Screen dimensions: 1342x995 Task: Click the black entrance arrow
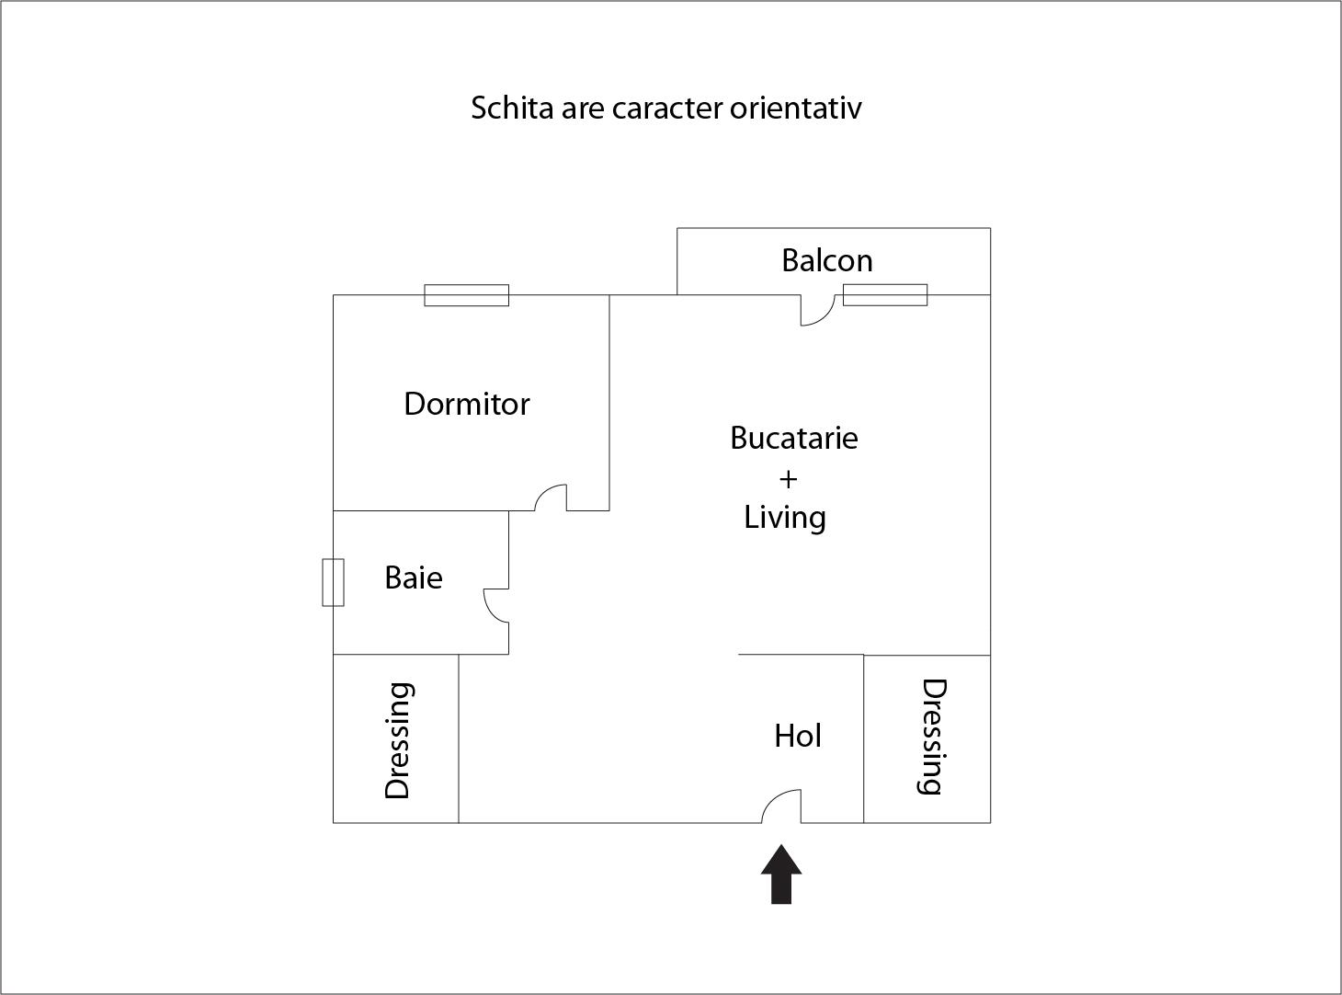(x=781, y=874)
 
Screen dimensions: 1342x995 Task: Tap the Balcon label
(x=827, y=260)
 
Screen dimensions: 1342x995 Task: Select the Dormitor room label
(x=467, y=404)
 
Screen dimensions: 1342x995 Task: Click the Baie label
(x=414, y=578)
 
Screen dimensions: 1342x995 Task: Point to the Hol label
(x=798, y=737)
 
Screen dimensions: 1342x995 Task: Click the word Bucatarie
(x=794, y=438)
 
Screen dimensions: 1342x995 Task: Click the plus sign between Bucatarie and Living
(x=788, y=480)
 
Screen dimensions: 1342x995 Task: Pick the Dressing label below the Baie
(x=398, y=740)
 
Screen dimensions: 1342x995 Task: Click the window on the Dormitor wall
(x=467, y=295)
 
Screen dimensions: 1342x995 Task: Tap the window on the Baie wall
(x=333, y=582)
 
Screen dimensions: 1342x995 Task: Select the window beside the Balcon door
(x=885, y=295)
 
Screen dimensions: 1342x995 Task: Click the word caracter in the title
(x=667, y=109)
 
